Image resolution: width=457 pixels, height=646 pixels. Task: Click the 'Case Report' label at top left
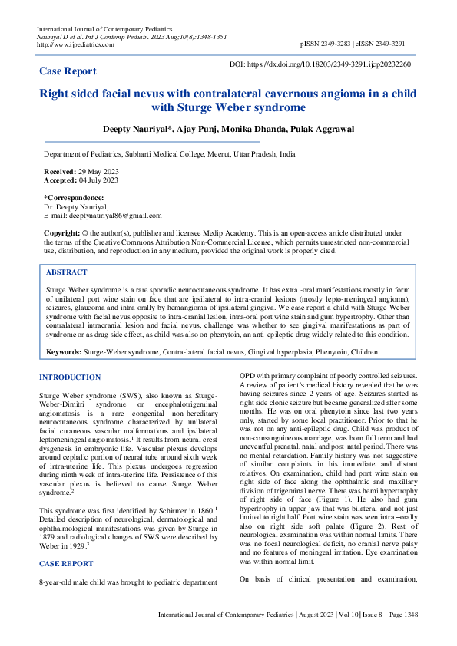68,71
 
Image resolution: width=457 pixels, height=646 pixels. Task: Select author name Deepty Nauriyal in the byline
136,129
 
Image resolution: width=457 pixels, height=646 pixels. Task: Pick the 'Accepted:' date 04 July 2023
98,180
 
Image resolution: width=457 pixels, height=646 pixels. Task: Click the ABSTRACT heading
67,272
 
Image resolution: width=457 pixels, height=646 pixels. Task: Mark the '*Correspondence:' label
75,199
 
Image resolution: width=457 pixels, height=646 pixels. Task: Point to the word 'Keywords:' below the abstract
66,352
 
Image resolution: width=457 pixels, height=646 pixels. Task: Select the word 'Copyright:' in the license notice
62,232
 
